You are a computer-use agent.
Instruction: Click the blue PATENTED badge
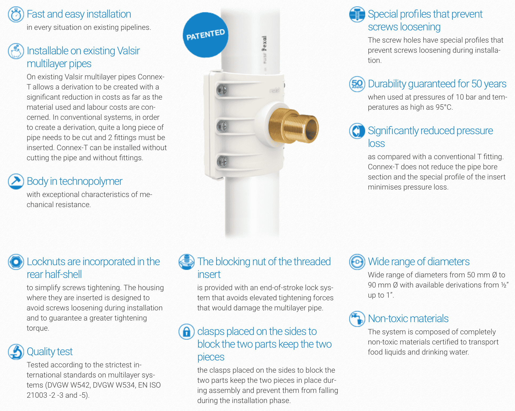pyautogui.click(x=206, y=35)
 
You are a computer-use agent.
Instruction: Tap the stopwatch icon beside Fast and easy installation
pyautogui.click(x=16, y=14)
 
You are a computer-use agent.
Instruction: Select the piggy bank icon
pyautogui.click(x=16, y=51)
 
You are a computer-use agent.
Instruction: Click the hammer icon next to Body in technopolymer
pyautogui.click(x=16, y=182)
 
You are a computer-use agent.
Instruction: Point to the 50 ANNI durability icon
pyautogui.click(x=357, y=84)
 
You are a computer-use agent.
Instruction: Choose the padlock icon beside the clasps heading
pyautogui.click(x=187, y=332)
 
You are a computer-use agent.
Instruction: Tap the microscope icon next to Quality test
pyautogui.click(x=16, y=352)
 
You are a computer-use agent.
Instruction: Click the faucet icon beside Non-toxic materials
pyautogui.click(x=357, y=319)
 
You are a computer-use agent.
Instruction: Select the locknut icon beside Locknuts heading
pyautogui.click(x=16, y=262)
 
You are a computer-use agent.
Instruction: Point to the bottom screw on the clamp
pyautogui.click(x=222, y=161)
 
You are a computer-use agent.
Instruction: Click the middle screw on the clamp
pyautogui.click(x=222, y=126)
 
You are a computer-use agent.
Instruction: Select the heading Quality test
pyautogui.click(x=50, y=352)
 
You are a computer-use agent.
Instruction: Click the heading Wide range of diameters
pyautogui.click(x=419, y=262)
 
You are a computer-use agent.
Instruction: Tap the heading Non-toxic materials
pyautogui.click(x=408, y=319)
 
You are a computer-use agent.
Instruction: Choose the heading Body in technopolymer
pyautogui.click(x=75, y=182)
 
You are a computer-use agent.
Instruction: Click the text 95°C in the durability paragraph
pyautogui.click(x=444, y=107)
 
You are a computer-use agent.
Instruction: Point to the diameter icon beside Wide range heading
pyautogui.click(x=357, y=262)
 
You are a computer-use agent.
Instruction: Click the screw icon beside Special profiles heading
pyautogui.click(x=357, y=14)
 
